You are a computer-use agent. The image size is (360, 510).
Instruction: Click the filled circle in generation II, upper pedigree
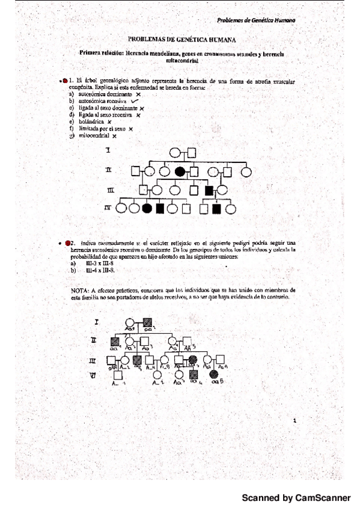179,171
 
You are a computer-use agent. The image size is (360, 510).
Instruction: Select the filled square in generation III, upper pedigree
210,190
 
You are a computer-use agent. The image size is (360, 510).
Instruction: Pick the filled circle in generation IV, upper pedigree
147,209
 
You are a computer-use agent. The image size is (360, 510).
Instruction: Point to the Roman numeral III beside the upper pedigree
110,190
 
